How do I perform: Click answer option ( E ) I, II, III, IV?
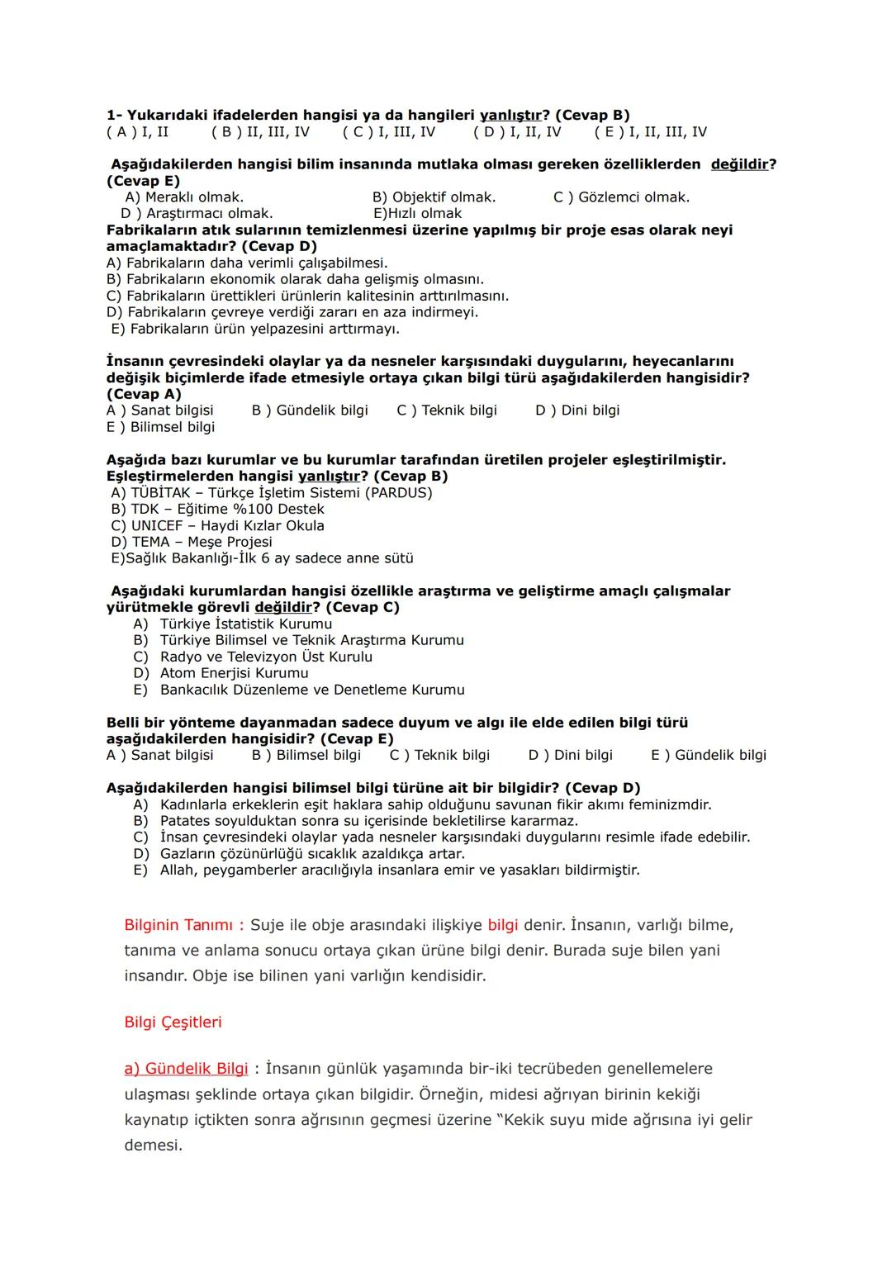(650, 132)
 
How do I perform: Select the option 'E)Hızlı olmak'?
(417, 213)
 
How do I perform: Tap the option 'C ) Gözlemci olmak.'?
(621, 197)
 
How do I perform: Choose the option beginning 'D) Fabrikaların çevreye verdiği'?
(292, 312)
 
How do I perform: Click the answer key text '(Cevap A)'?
(144, 394)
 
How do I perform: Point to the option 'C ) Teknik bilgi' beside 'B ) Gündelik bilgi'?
(447, 410)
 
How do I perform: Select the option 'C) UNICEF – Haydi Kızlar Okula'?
(218, 525)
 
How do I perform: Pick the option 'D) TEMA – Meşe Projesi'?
(192, 542)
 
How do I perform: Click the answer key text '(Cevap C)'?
(362, 607)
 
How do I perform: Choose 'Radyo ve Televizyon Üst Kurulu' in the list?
(266, 657)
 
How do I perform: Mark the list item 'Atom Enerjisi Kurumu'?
(234, 673)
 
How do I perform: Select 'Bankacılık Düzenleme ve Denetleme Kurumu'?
(312, 690)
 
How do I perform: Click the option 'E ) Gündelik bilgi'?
(708, 755)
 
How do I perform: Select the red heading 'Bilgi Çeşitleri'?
(173, 1022)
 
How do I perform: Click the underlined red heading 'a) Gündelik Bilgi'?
(186, 1069)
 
